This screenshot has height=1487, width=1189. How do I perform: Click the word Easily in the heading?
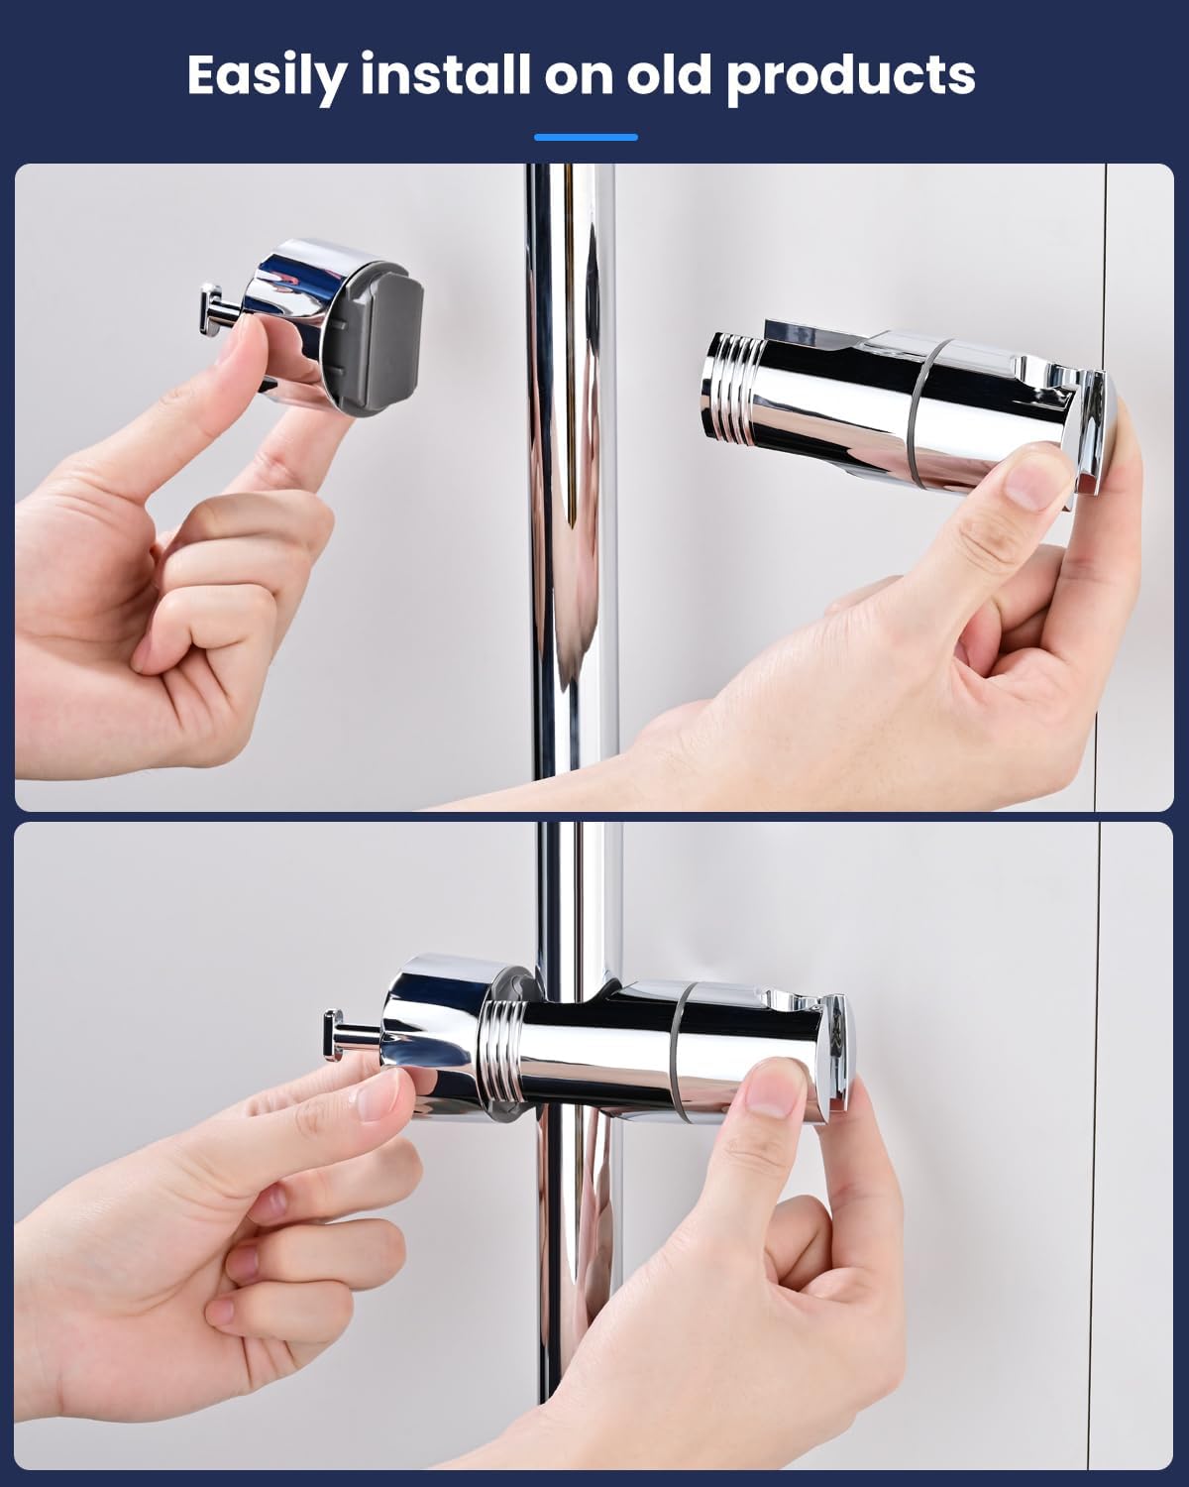point(266,75)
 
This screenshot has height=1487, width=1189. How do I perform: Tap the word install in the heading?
point(445,73)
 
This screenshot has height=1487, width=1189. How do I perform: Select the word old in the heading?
point(668,73)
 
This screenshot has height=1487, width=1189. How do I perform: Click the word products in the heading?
point(850,77)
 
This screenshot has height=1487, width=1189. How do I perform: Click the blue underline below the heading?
point(586,138)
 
